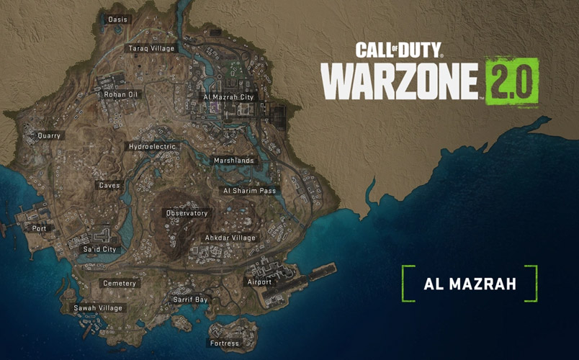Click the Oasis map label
(117, 19)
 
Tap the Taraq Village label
(151, 48)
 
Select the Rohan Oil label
(122, 94)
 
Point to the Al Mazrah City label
(228, 96)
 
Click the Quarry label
(50, 135)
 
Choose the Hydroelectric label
(152, 147)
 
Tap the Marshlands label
(233, 161)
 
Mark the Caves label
(109, 185)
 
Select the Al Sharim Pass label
(250, 191)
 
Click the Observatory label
(187, 213)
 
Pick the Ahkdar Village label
(230, 238)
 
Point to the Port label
(39, 228)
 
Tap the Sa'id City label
(100, 249)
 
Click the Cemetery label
(120, 284)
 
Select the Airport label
(259, 282)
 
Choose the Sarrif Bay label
(190, 300)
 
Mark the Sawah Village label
(99, 308)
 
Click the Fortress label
(224, 343)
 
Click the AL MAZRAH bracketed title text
(470, 284)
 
